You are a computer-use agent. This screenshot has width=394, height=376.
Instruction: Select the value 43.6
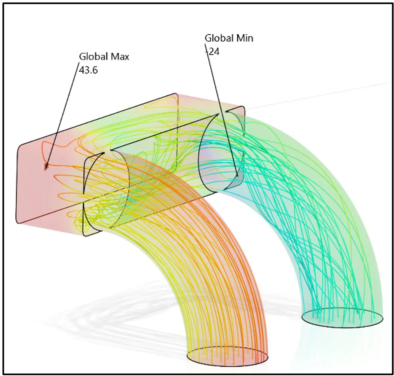(x=89, y=70)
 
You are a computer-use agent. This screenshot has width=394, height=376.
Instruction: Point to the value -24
(x=212, y=52)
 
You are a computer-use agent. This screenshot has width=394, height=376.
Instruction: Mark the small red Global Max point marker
(x=46, y=165)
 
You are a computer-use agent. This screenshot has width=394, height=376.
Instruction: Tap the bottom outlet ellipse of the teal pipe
(x=342, y=318)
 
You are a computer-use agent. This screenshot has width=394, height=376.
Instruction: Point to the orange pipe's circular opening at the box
(x=106, y=192)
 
